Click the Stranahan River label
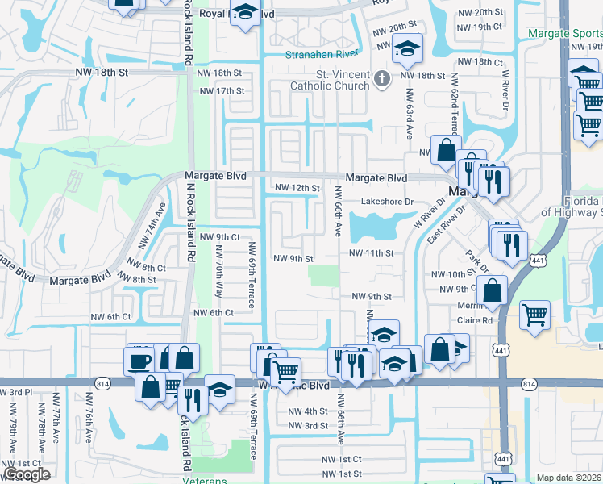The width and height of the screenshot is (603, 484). tap(322, 55)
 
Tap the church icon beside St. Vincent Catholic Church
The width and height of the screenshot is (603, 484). tap(383, 78)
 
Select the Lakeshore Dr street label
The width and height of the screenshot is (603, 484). tap(386, 202)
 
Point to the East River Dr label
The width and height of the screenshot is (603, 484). tap(450, 225)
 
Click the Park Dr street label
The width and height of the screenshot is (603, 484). tap(477, 260)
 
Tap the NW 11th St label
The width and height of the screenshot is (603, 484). tap(371, 252)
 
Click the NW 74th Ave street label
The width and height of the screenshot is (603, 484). tap(152, 225)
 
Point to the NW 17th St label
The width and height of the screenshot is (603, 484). tap(221, 91)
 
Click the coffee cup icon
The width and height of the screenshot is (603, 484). tap(139, 360)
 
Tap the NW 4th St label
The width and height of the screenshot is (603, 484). tap(308, 411)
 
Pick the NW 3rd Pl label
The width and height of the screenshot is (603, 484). tap(15, 392)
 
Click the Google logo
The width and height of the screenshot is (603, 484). tap(27, 474)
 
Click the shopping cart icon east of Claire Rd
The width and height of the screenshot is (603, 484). tap(534, 315)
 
